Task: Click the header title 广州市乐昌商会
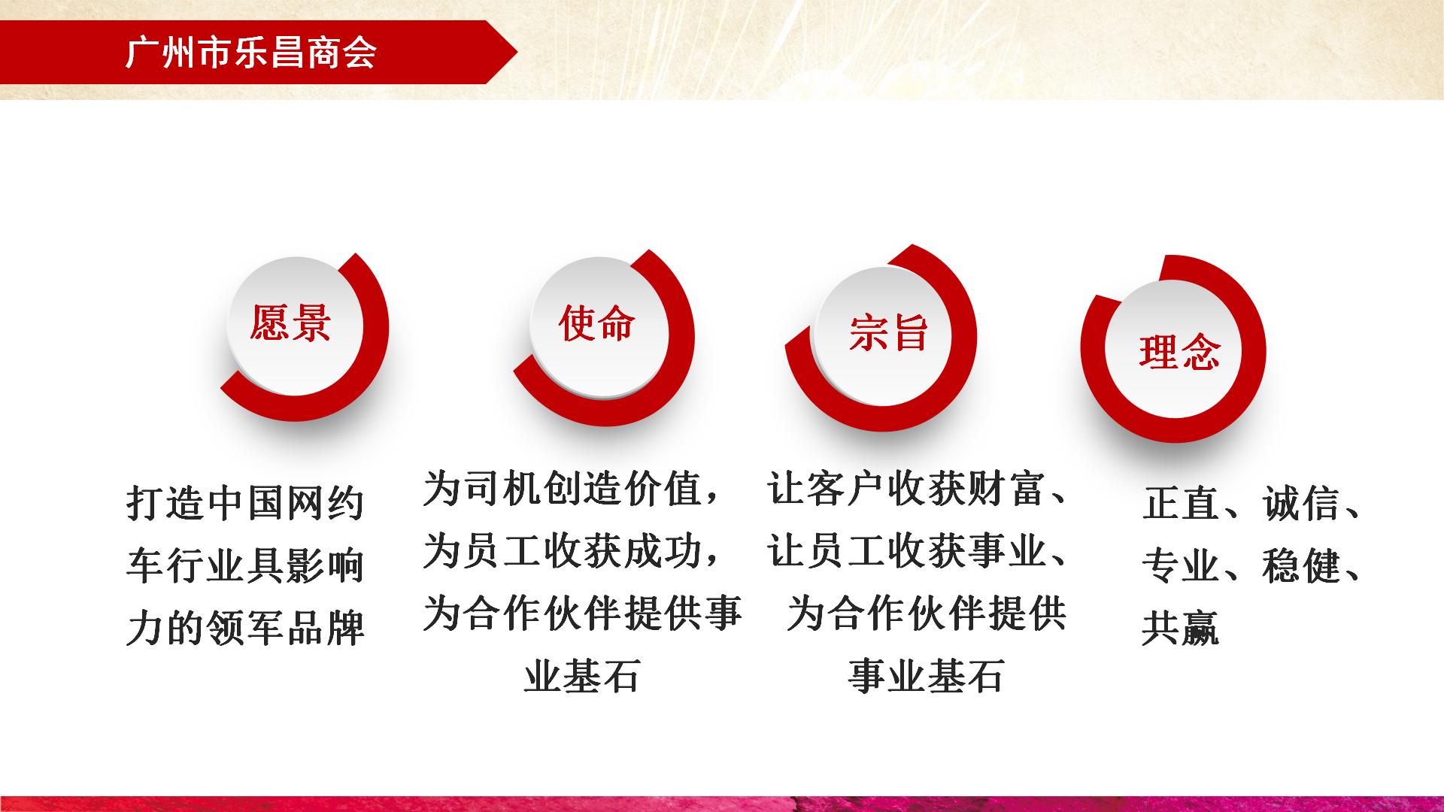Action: click(x=251, y=53)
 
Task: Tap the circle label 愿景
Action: click(x=291, y=323)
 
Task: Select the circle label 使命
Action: click(x=597, y=323)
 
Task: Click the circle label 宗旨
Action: click(x=889, y=332)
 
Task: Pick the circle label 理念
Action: click(x=1179, y=351)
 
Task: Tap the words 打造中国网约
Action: click(x=246, y=503)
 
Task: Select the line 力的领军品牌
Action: click(x=246, y=629)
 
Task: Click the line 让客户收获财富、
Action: click(x=918, y=489)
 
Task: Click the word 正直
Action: click(x=1181, y=503)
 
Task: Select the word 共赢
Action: click(x=1181, y=629)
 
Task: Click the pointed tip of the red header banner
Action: click(x=517, y=53)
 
